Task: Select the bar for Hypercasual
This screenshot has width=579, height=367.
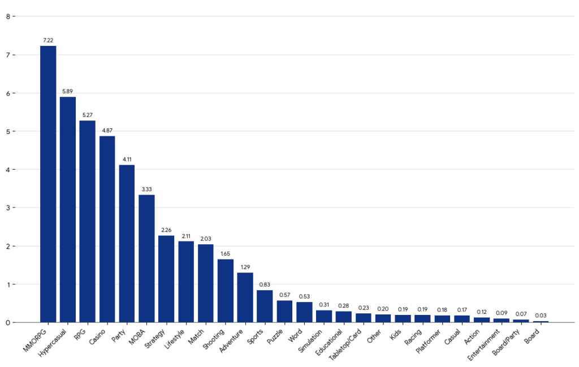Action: pos(68,209)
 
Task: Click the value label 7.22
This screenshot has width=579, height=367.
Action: pos(48,40)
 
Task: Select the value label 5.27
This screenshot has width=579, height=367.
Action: pos(88,115)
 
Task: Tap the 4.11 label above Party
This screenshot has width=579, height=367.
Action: pos(127,159)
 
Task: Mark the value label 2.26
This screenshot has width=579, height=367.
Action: pos(166,230)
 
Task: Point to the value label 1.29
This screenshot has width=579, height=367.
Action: pos(245,267)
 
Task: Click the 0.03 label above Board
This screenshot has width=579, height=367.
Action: pos(541,316)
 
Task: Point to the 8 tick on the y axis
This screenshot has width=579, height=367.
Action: pos(8,16)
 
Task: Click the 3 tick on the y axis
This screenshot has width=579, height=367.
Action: pos(8,208)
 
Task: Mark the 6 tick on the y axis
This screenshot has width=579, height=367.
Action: pos(8,93)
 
